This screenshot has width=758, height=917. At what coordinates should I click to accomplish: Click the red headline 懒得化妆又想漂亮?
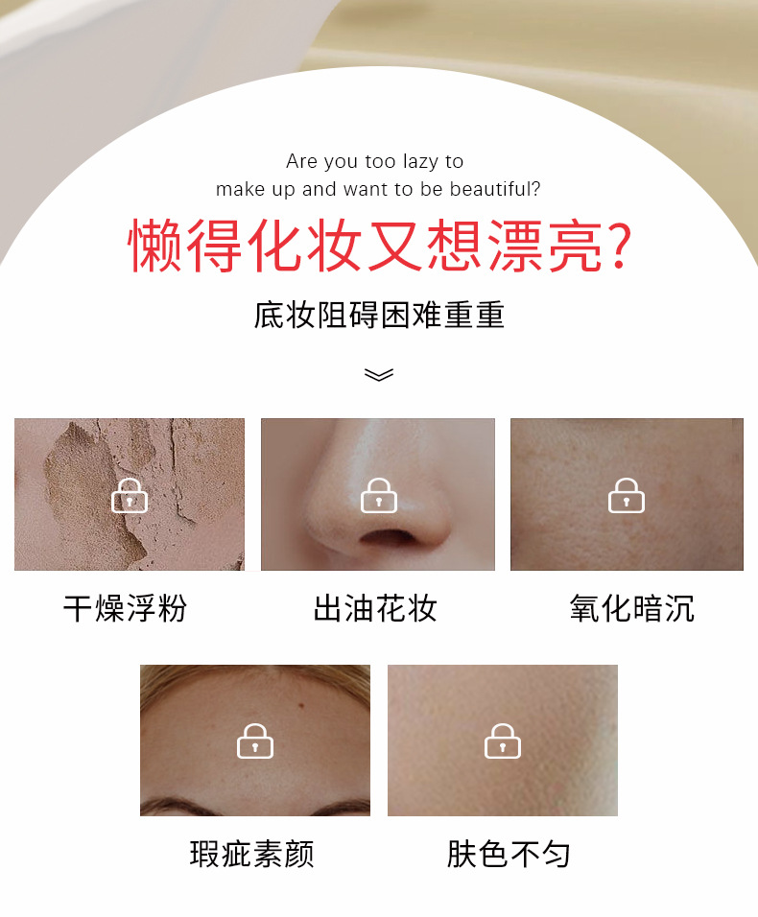[x=380, y=246]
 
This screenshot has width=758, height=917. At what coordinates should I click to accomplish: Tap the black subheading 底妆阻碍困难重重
[x=379, y=315]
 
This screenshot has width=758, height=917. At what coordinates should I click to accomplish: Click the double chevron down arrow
[x=379, y=374]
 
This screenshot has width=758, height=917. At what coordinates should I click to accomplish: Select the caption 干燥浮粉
[x=125, y=608]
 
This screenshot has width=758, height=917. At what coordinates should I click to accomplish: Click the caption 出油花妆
[x=375, y=608]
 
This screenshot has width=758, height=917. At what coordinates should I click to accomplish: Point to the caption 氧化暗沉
[x=632, y=608]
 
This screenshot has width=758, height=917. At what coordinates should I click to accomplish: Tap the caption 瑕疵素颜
[x=252, y=854]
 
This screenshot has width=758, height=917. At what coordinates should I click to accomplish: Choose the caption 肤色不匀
[x=509, y=854]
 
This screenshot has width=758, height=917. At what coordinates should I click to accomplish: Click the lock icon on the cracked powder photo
[x=130, y=495]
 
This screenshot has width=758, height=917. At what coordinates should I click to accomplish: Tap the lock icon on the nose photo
[x=379, y=495]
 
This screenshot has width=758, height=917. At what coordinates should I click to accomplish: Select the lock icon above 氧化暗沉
[x=627, y=495]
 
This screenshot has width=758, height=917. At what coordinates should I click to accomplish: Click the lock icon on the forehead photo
[x=255, y=741]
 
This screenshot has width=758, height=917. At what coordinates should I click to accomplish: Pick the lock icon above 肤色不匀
[x=503, y=741]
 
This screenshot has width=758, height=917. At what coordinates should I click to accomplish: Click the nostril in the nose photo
[x=387, y=536]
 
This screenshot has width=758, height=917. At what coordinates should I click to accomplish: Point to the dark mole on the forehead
[x=302, y=706]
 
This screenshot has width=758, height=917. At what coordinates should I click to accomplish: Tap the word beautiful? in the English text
[x=495, y=189]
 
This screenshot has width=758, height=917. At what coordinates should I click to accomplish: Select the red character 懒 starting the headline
[x=155, y=246]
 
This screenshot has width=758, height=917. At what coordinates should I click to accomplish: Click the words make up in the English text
[x=255, y=190]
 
